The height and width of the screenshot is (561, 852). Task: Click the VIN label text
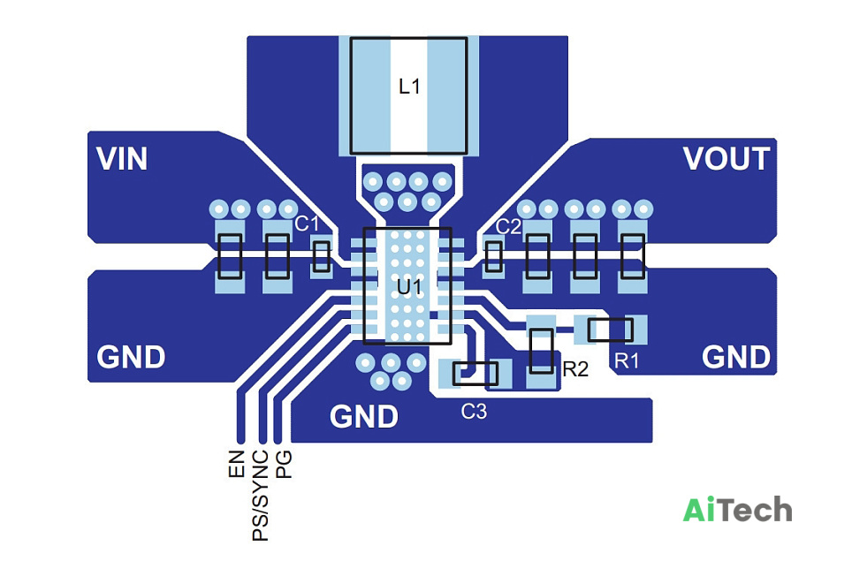tap(122, 158)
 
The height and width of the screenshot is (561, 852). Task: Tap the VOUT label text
tap(726, 158)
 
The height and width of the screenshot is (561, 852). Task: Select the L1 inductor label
tap(409, 87)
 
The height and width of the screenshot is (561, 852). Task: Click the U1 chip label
tap(409, 287)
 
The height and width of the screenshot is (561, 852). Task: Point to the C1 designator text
tap(307, 224)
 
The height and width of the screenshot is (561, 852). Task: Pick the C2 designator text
tap(508, 226)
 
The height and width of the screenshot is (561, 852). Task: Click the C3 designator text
tap(474, 412)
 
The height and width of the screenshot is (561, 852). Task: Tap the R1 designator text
tap(627, 360)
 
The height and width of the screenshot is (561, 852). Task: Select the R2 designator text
tap(575, 369)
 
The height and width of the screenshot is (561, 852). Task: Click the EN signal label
tap(237, 465)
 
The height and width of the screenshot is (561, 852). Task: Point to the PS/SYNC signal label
tap(261, 496)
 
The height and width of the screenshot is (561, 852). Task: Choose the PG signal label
tap(285, 465)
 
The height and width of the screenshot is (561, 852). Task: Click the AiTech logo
tap(737, 510)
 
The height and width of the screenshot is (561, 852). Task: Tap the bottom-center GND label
tap(364, 417)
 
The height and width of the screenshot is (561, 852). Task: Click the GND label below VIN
tap(131, 357)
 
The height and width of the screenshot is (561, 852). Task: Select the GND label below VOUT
tap(736, 357)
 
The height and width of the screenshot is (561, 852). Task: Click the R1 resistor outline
tap(611, 330)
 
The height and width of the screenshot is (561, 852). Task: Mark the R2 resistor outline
tap(542, 351)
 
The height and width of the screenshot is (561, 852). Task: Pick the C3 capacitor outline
tap(475, 374)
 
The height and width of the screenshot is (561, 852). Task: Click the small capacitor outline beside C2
tap(493, 256)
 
